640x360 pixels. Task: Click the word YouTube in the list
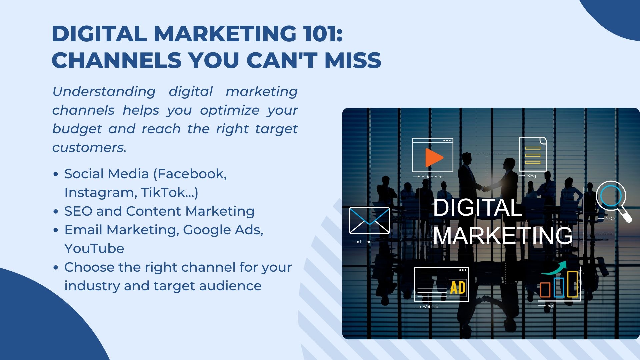coord(94,248)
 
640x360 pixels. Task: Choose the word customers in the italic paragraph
coord(88,147)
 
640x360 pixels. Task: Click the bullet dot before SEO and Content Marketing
coord(56,212)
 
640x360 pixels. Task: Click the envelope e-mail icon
coord(369,220)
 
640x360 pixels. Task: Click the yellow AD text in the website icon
coord(458,288)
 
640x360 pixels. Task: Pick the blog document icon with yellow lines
coord(532,154)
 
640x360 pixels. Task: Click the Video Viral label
coord(432,177)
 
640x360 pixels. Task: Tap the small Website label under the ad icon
coord(430,306)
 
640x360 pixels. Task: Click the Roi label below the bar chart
coord(551,306)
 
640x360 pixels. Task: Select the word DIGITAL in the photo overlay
coord(477,207)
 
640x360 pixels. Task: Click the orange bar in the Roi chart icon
coord(545,289)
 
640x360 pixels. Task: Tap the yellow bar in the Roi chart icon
coord(572,284)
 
